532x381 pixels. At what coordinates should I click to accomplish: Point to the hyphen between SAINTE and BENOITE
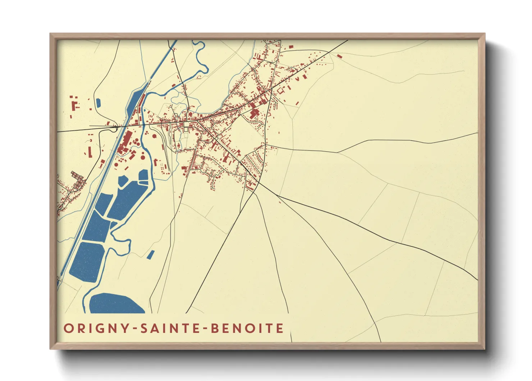pos(205,329)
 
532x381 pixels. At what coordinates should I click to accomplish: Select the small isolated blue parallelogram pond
pos(150,255)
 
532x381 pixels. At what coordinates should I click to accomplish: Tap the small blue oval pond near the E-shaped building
pos(98,103)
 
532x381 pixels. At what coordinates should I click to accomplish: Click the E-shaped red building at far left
pos(74,106)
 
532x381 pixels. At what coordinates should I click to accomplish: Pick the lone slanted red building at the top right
pos(339,56)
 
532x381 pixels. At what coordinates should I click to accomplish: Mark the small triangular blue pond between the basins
pos(113,225)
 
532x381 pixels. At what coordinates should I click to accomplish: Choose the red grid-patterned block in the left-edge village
pos(77,177)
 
